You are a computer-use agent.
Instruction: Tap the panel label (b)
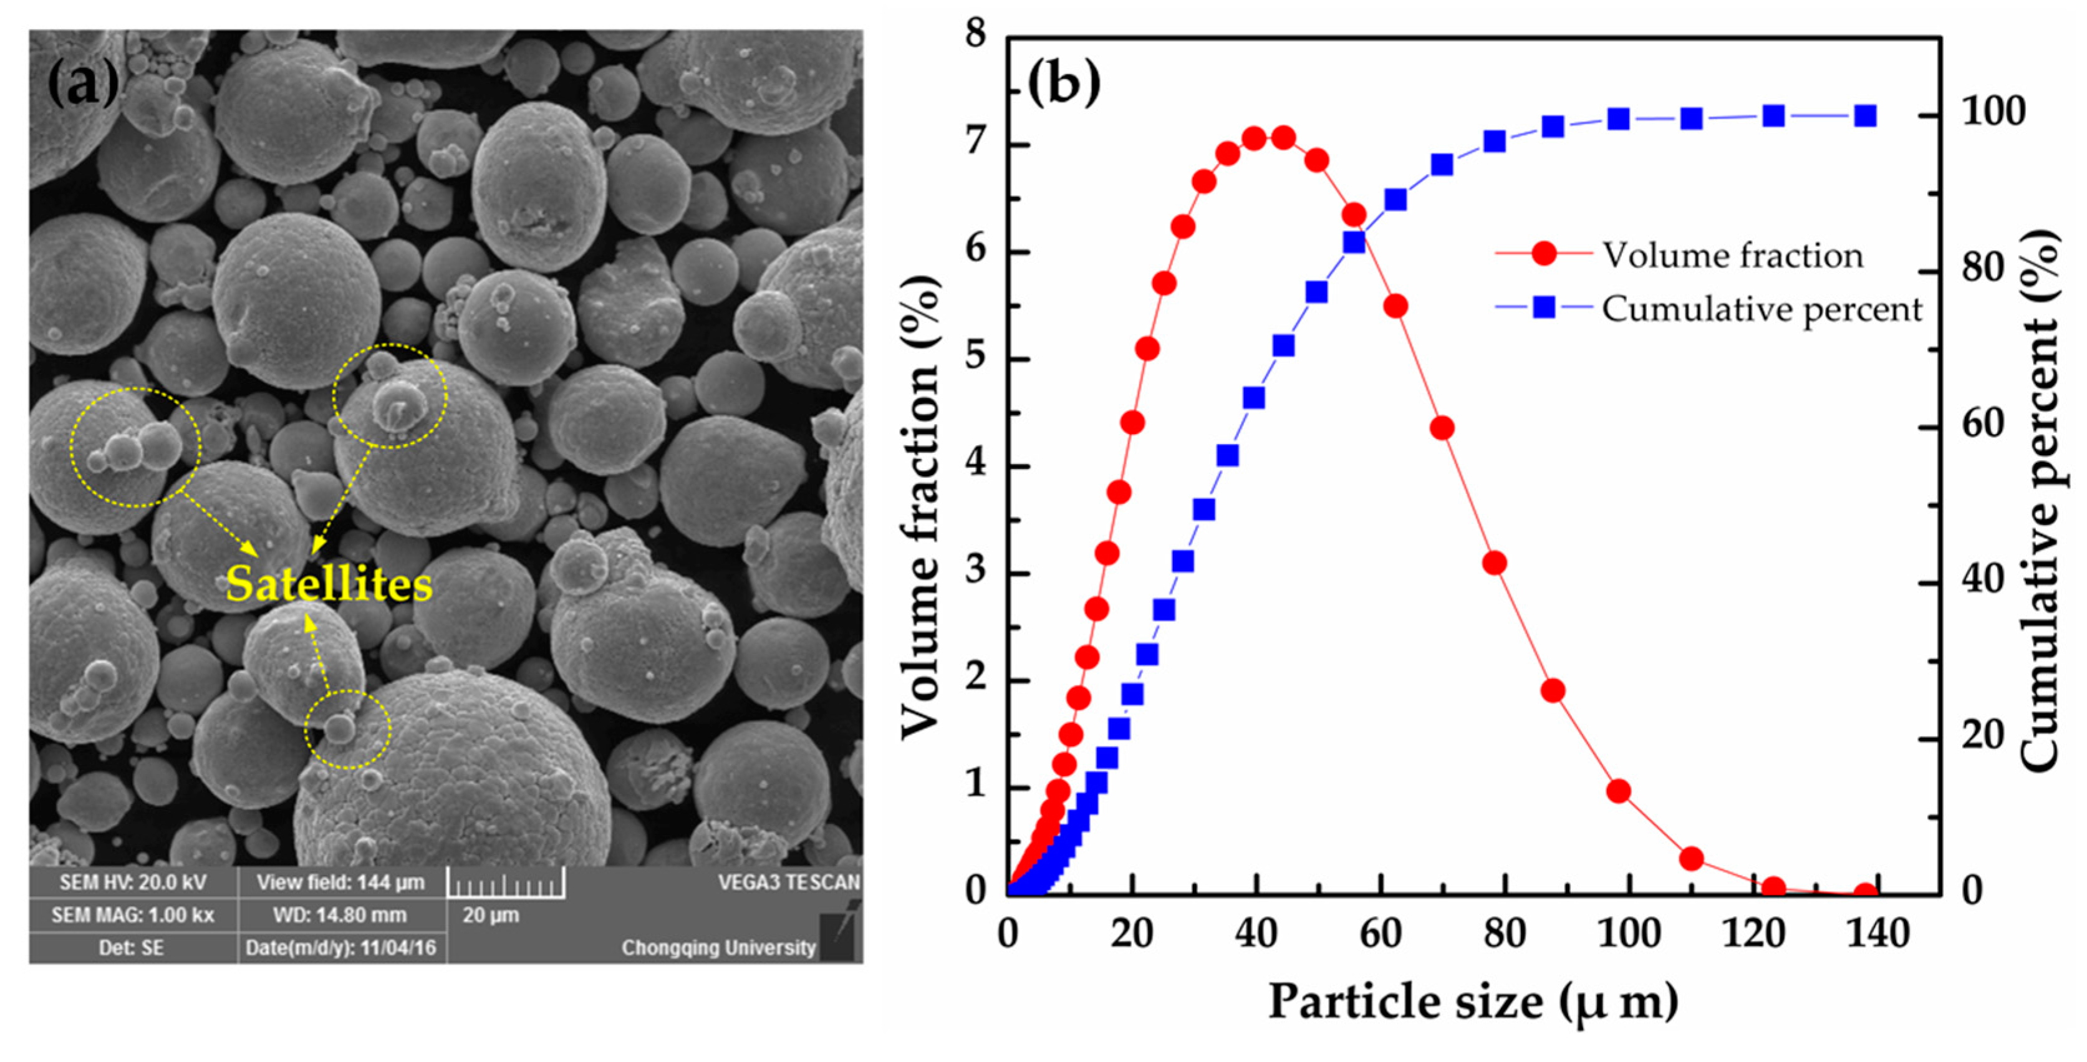tap(1064, 84)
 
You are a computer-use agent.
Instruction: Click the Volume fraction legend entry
tap(1732, 255)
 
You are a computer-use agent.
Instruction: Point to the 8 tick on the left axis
tap(976, 35)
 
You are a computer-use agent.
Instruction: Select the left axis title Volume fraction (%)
tap(920, 506)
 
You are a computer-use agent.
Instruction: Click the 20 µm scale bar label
tap(490, 915)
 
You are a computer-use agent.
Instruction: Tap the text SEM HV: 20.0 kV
tap(133, 882)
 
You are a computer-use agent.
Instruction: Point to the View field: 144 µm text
tap(340, 882)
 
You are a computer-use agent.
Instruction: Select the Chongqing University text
tap(718, 948)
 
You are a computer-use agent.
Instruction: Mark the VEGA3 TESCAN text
tap(788, 882)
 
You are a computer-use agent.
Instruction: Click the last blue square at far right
tap(1865, 116)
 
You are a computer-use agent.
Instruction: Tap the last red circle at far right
tap(1865, 894)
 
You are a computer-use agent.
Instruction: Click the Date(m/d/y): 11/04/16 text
tap(340, 948)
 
